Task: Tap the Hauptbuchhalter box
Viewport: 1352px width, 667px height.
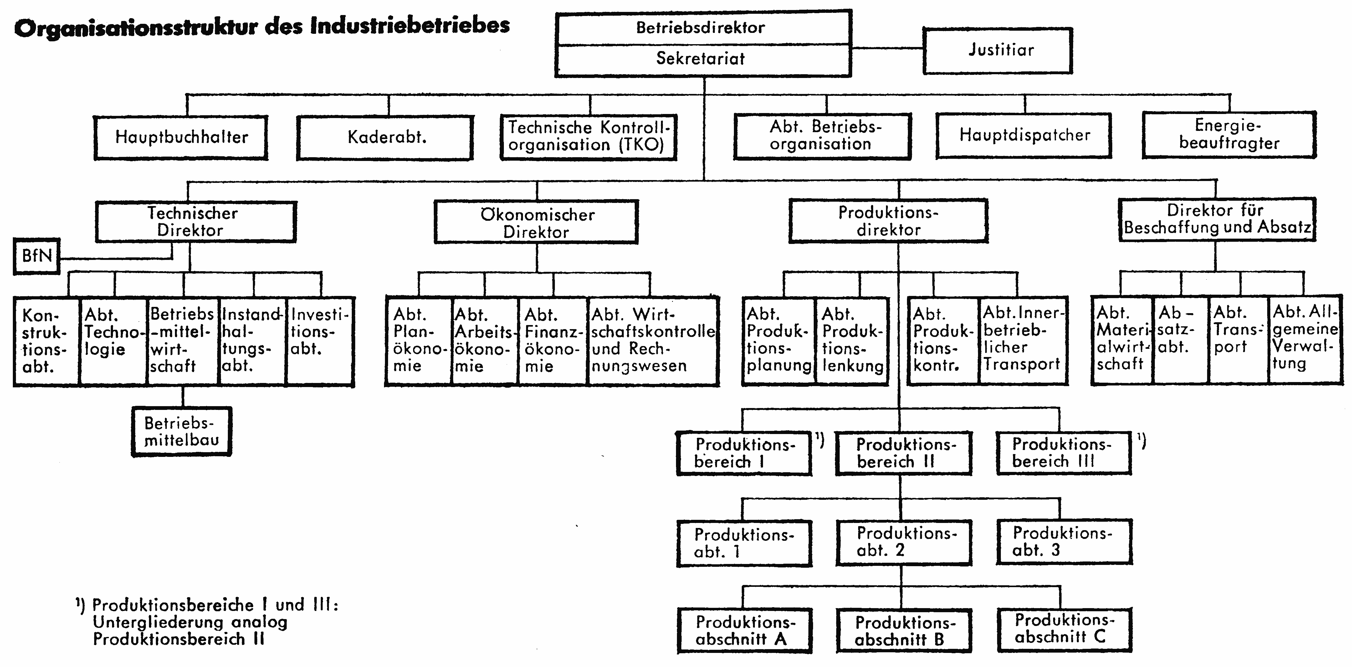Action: click(181, 137)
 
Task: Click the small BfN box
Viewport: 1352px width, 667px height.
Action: click(37, 256)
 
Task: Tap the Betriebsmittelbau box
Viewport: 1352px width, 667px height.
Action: click(182, 431)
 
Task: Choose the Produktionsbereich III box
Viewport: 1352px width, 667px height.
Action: click(1064, 453)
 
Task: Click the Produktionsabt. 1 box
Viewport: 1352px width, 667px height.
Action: click(744, 544)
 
